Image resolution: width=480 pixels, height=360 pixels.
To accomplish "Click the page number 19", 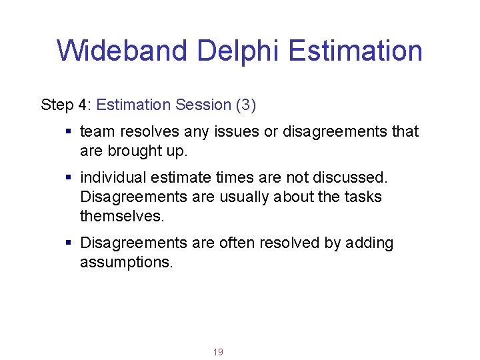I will click(x=217, y=352).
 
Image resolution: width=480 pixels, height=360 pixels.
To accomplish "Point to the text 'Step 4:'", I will click(x=66, y=105).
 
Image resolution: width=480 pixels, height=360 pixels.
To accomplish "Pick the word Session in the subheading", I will click(x=203, y=105).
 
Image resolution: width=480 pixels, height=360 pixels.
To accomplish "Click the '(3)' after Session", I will click(x=245, y=105).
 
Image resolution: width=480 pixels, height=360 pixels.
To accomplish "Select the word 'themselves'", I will click(x=121, y=217).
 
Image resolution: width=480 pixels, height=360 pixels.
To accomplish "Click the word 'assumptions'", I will click(x=125, y=263).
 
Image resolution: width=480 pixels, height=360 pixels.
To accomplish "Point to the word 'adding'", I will click(x=370, y=243).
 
